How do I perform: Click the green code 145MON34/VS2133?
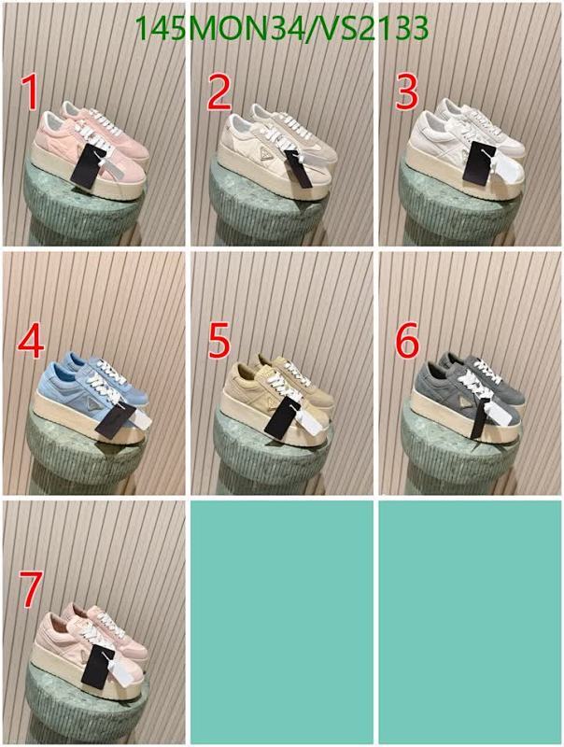tap(281, 30)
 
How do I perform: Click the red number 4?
tap(30, 342)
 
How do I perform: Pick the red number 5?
tap(219, 342)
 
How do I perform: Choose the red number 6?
tap(406, 342)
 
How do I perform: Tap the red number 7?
tap(30, 590)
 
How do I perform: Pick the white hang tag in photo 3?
tap(504, 168)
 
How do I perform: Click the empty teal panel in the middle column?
tap(281, 621)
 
